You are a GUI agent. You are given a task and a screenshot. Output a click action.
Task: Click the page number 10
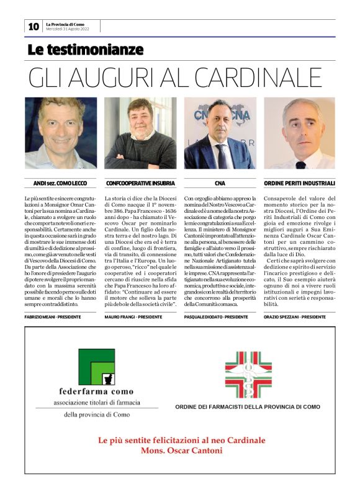pos(33,26)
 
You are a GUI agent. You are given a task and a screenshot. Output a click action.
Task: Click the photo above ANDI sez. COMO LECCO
pos(60,133)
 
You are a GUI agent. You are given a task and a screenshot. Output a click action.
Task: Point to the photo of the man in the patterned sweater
pos(140,133)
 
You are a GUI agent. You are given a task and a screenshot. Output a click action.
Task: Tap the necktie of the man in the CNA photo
pos(221,156)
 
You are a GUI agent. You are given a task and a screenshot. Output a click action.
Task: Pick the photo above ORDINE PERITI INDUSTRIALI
pos(300,133)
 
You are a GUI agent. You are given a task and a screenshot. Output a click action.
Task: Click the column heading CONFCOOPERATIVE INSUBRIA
pos(140,184)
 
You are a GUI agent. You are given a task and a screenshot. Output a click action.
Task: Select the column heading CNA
pos(220,184)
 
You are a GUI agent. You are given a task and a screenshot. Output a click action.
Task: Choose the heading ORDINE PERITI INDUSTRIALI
pos(300,184)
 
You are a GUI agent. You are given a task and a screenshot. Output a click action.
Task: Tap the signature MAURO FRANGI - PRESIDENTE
pos(133,317)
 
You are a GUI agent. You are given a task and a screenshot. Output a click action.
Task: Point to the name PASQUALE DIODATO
pos(204,317)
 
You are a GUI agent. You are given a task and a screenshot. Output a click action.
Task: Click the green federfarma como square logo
pos(97,366)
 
